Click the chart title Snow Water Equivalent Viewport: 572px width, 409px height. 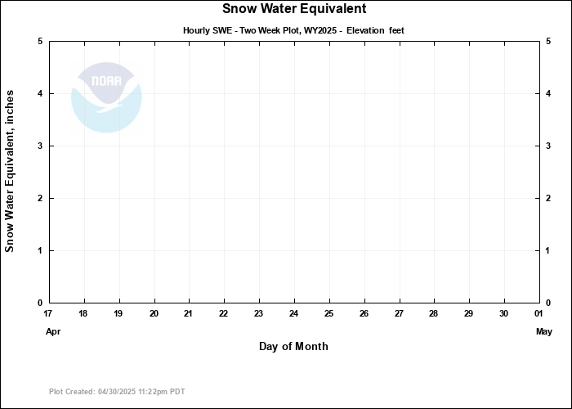pos(294,9)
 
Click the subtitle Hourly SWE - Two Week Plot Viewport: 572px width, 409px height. pos(293,30)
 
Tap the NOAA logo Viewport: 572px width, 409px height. pos(106,97)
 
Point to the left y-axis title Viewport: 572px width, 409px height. pos(11,172)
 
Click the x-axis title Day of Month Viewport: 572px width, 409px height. pos(293,346)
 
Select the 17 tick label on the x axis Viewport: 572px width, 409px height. pos(48,314)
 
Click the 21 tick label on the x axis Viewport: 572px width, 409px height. pos(189,314)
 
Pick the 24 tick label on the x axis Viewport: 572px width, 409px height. pos(293,314)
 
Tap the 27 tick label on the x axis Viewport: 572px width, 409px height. pos(399,314)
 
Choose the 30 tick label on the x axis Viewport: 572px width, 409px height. pos(503,314)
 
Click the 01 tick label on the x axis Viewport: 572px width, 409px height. pos(538,314)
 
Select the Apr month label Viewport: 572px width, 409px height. pos(53,331)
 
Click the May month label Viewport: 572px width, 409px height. pos(544,331)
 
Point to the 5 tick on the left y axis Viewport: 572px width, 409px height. pos(41,42)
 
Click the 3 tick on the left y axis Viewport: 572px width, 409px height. pos(41,146)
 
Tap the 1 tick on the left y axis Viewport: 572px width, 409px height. pos(41,250)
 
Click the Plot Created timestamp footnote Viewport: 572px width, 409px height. pos(117,392)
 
